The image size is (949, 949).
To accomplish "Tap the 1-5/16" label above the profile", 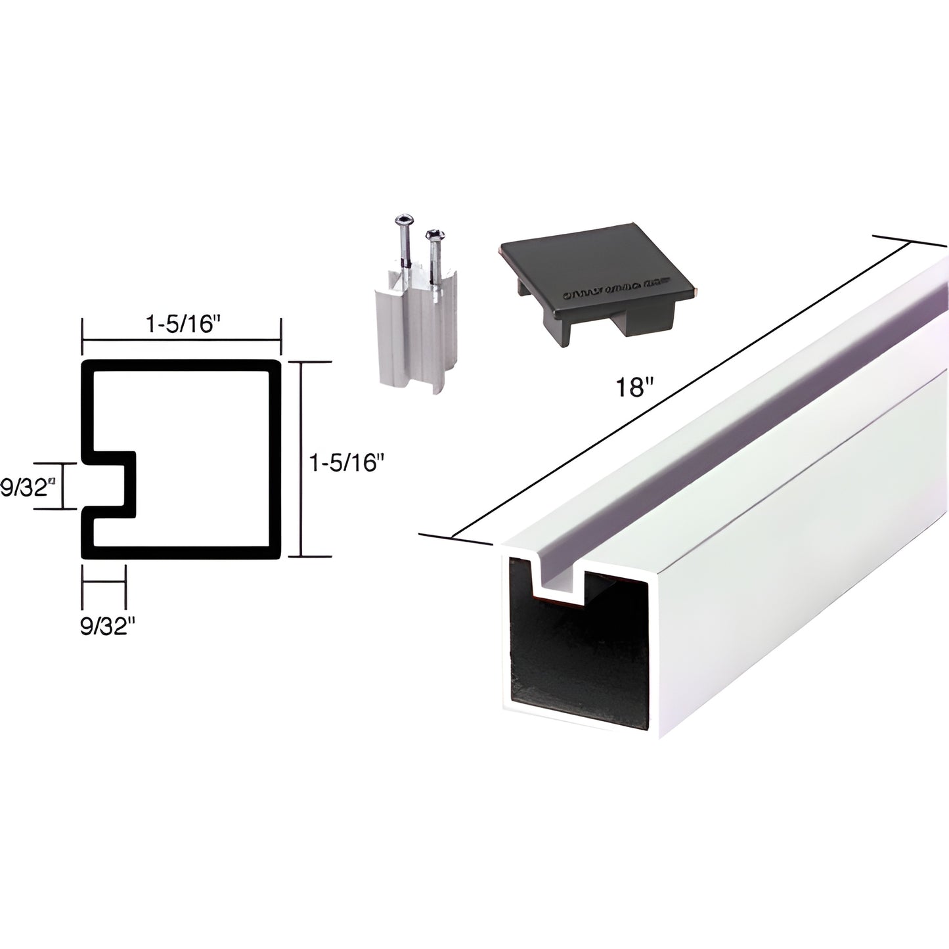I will coord(180,326).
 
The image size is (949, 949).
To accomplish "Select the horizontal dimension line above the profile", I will coord(181,340).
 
